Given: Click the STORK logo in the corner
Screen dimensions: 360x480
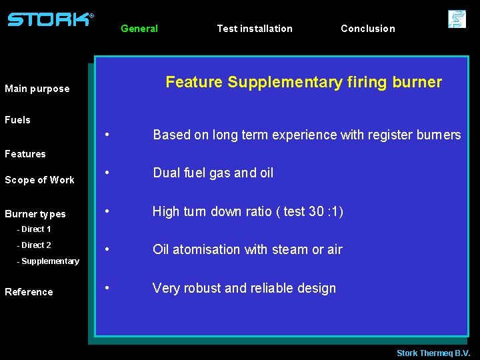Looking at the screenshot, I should pos(50,19).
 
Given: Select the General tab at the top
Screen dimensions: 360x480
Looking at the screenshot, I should pos(139,29).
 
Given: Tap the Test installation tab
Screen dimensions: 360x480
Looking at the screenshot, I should pos(255,29).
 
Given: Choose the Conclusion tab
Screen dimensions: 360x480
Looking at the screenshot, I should pos(368,29).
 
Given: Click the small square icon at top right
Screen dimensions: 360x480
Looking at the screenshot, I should pos(457,19).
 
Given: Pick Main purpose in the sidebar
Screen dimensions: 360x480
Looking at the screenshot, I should pos(37,89).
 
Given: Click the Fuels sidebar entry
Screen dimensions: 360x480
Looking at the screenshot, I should pos(18,120).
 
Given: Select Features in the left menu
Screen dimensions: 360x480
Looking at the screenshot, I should pos(25,154).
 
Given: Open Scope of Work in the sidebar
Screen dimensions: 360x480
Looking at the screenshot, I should pos(40,180).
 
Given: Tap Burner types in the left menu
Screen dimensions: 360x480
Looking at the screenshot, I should pos(35,214).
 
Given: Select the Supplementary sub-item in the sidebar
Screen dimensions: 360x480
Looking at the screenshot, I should pos(48,261).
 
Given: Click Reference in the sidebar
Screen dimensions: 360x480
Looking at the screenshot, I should pos(29,292).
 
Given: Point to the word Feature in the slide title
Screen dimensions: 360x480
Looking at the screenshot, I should pos(194,82).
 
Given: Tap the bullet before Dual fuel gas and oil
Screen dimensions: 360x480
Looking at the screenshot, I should pos(108,173).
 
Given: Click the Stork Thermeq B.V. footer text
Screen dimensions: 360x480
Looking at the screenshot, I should pos(433,353).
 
